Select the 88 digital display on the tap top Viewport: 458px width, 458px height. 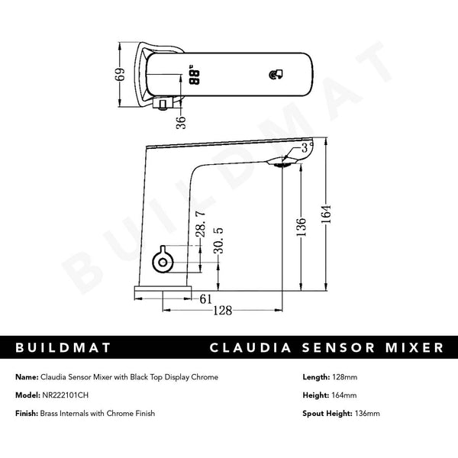point(194,77)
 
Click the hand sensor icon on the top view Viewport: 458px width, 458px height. point(276,75)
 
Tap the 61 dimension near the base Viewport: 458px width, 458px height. point(206,299)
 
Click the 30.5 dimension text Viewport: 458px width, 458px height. point(220,241)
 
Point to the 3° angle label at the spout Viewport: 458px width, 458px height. point(306,146)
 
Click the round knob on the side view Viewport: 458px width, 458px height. point(162,263)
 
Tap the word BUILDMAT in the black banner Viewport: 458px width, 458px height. point(64,348)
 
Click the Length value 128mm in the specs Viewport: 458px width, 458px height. point(347,376)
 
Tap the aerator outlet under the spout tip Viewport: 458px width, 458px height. point(283,162)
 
